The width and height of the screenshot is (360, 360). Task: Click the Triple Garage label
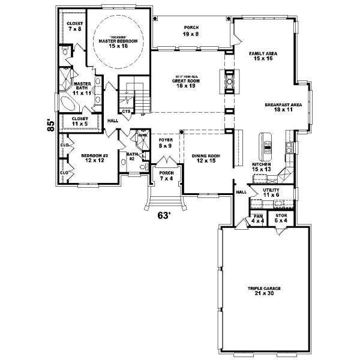point(264,291)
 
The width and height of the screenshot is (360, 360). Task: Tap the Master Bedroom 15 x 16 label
point(118,43)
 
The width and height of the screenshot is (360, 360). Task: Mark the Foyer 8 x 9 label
point(166,143)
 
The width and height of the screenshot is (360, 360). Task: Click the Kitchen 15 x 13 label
point(262,167)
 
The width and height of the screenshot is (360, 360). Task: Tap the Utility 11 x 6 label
point(271,192)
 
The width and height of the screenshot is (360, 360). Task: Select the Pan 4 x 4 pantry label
point(258,219)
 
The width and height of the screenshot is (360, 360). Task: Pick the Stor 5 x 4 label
point(281,219)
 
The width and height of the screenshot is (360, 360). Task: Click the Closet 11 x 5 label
point(80,121)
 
